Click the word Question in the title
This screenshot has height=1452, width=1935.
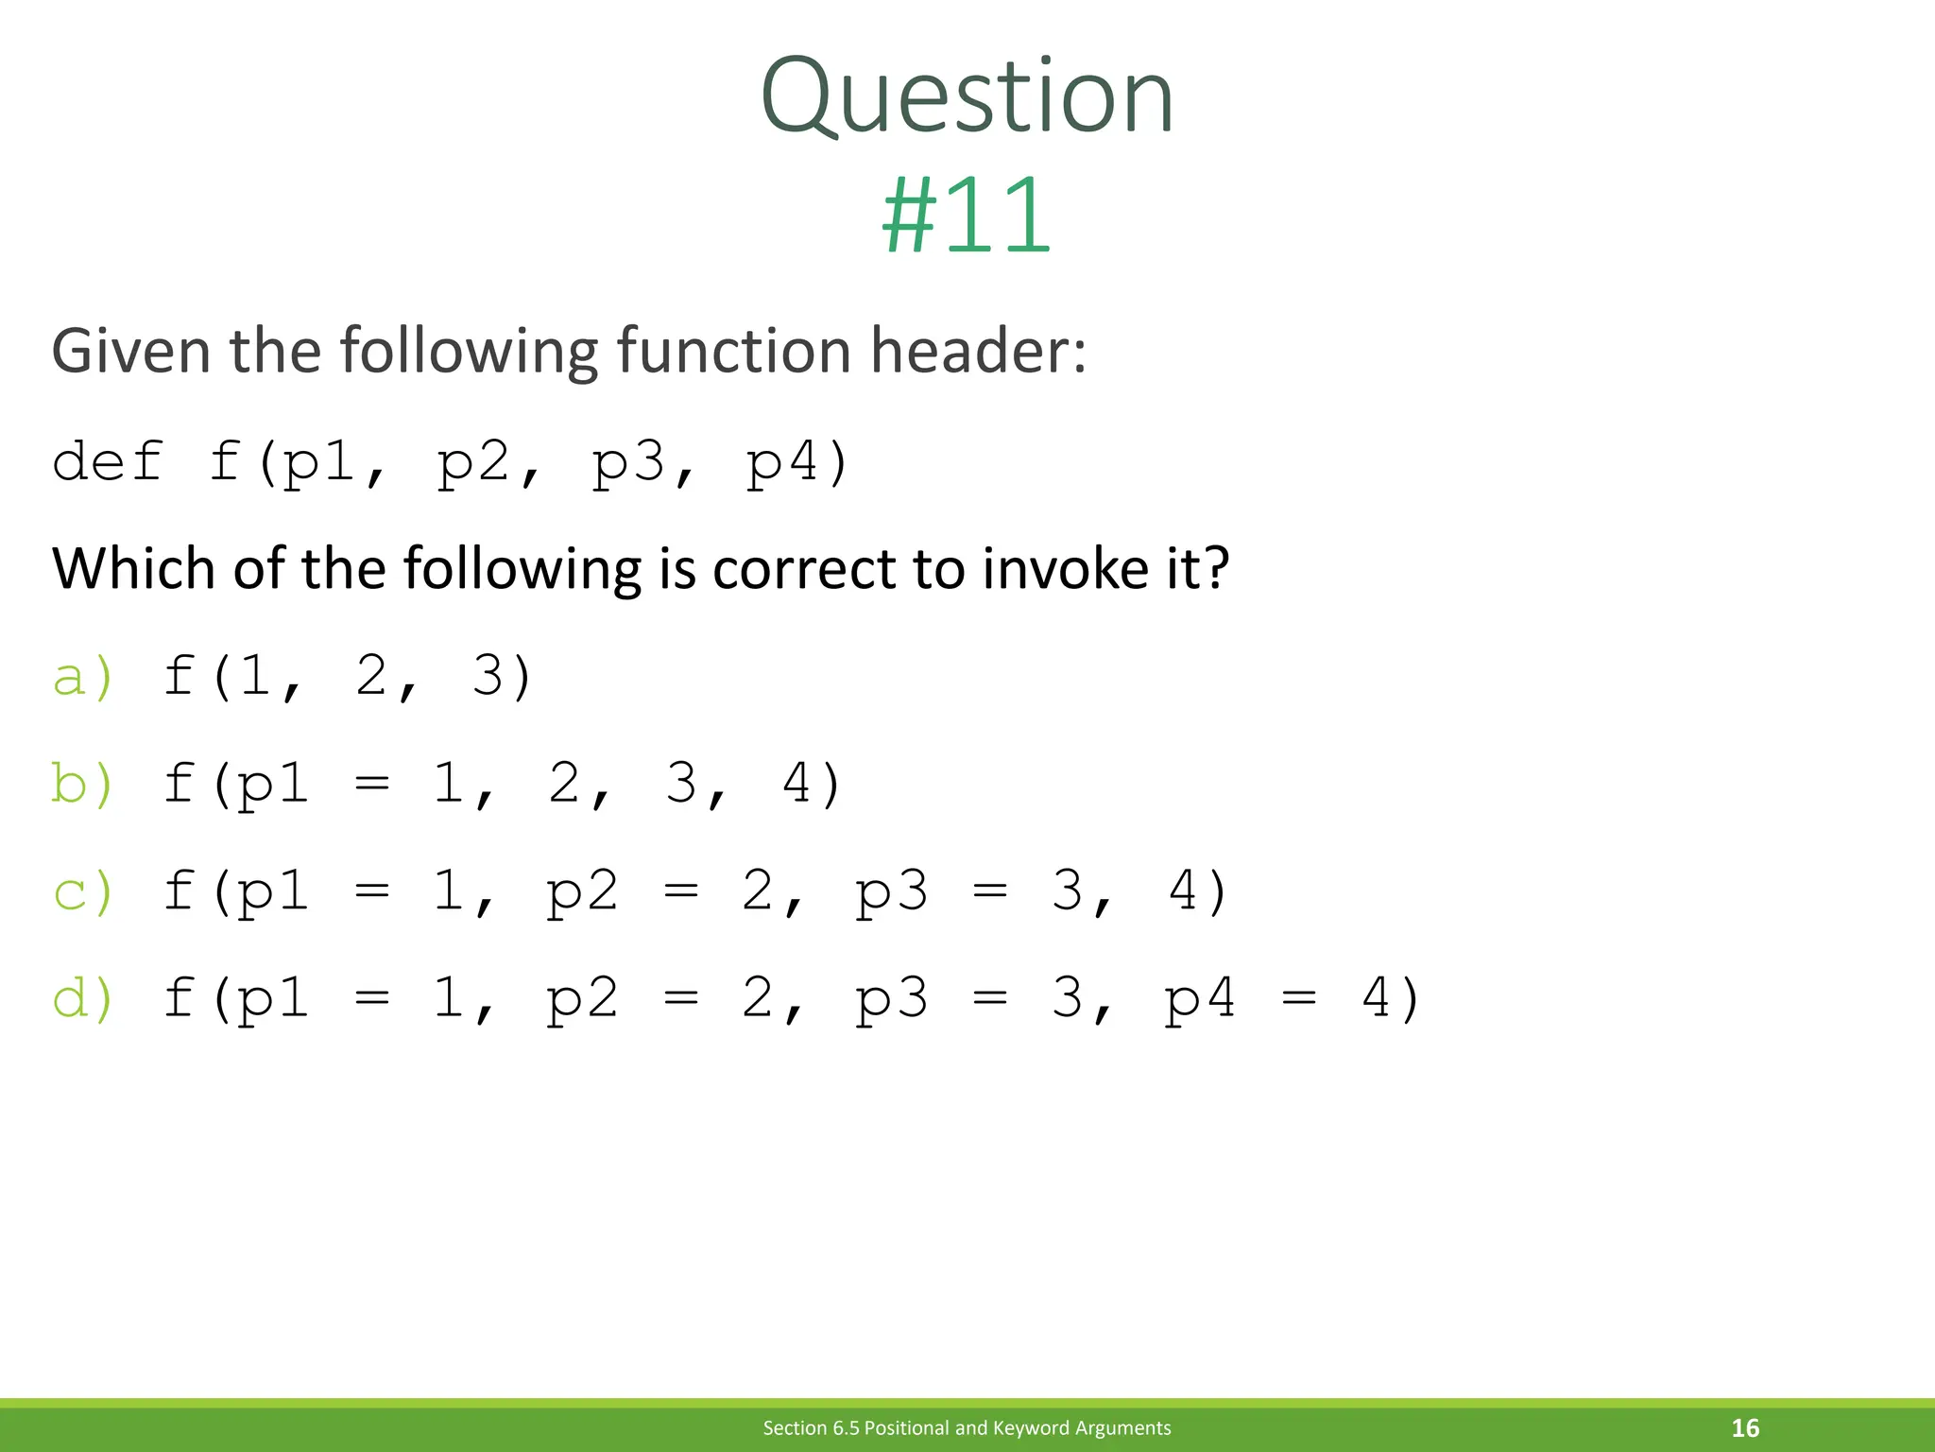pos(967,96)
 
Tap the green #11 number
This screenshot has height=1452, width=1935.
pos(967,216)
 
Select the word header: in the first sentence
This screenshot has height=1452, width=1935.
pos(978,351)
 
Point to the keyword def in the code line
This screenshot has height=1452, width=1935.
pos(108,463)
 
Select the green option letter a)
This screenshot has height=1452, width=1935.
pos(83,678)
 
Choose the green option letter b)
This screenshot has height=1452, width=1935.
pos(83,785)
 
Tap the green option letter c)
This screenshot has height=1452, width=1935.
pos(83,892)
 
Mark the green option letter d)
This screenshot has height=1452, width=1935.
pos(83,999)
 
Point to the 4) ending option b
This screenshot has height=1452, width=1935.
pos(812,785)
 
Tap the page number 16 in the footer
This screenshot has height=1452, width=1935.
pos(1745,1427)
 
